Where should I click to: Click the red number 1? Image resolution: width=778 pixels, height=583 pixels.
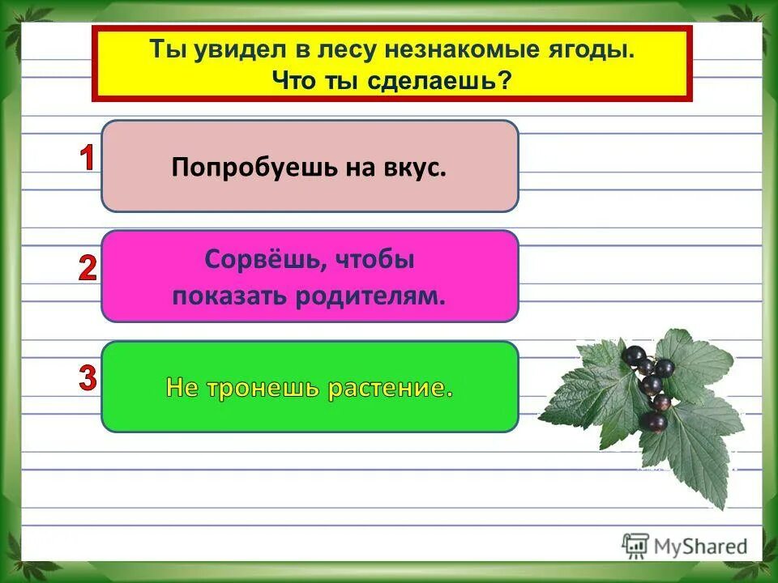point(86,158)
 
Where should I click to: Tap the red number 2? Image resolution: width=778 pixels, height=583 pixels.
point(87,268)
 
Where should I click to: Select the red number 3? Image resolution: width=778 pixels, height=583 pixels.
point(87,378)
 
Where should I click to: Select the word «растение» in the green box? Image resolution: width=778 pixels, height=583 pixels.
point(390,388)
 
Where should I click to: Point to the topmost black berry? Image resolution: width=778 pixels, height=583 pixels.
point(635,355)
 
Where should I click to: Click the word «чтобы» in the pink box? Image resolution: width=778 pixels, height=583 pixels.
point(360,261)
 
